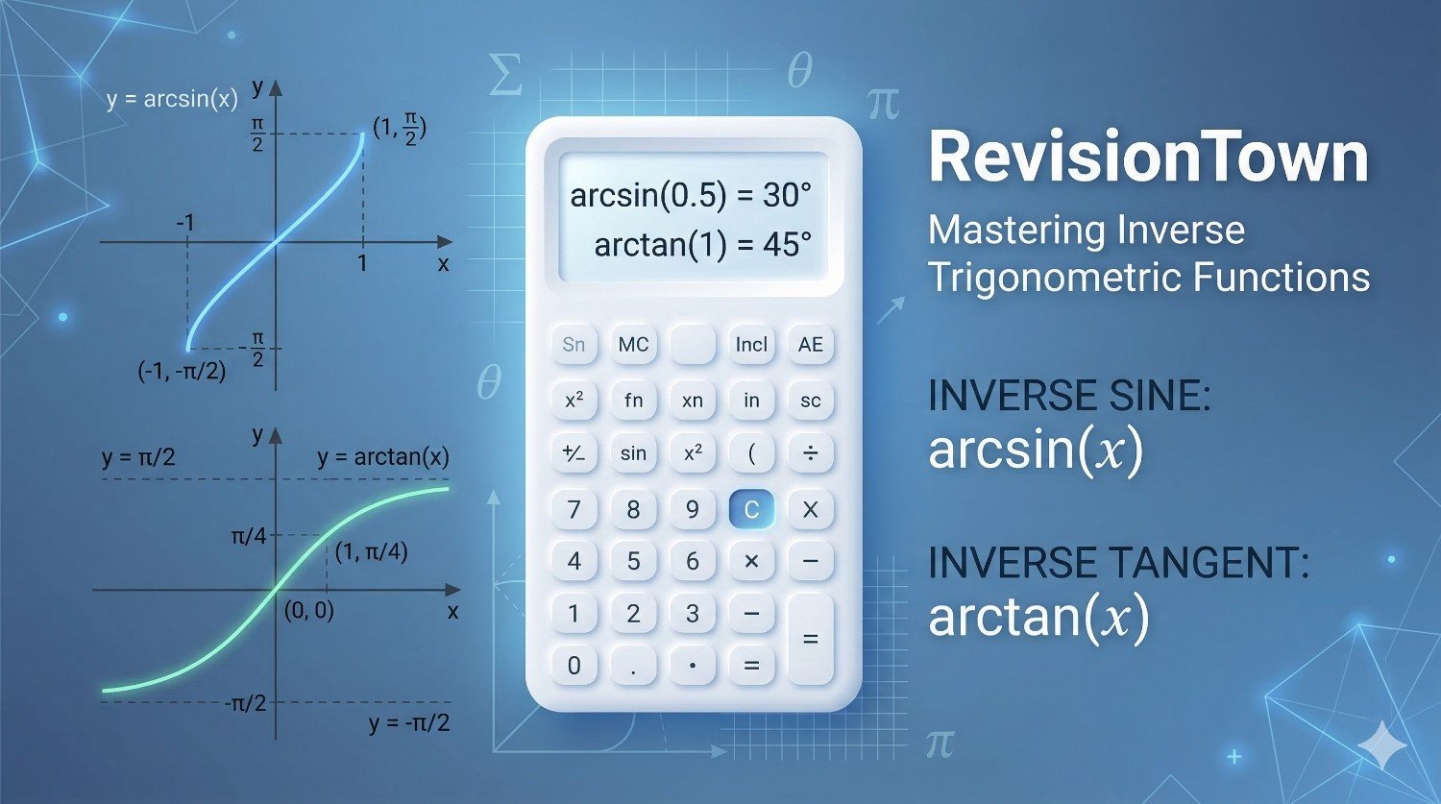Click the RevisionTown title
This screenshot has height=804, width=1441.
pyautogui.click(x=1149, y=158)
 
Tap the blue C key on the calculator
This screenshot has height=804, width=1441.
pyautogui.click(x=750, y=509)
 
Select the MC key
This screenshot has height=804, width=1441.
pyautogui.click(x=633, y=345)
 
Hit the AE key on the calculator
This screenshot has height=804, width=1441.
pyautogui.click(x=810, y=345)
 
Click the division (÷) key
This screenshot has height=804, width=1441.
pyautogui.click(x=810, y=453)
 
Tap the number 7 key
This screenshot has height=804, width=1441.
pyautogui.click(x=574, y=509)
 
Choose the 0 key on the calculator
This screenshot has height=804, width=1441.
pyautogui.click(x=574, y=665)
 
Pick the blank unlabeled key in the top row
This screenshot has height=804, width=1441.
pyautogui.click(x=693, y=345)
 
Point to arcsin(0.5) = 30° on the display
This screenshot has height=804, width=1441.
pyautogui.click(x=691, y=195)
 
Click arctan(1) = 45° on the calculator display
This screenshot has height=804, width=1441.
pyautogui.click(x=702, y=244)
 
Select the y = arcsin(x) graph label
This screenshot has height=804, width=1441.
pyautogui.click(x=172, y=100)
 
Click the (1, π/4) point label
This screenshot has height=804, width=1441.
pyautogui.click(x=371, y=552)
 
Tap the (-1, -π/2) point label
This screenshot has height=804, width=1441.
pyautogui.click(x=183, y=371)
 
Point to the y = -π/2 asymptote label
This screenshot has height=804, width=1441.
pyautogui.click(x=409, y=723)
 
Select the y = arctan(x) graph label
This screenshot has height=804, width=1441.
pyautogui.click(x=383, y=457)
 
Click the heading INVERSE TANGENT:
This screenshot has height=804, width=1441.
pyautogui.click(x=1119, y=563)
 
